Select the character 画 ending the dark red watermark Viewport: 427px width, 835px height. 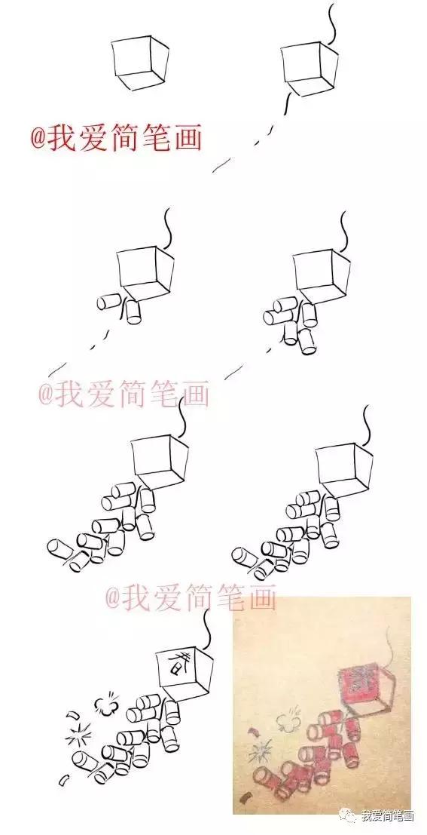186,138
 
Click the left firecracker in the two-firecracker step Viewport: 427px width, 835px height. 109,301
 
